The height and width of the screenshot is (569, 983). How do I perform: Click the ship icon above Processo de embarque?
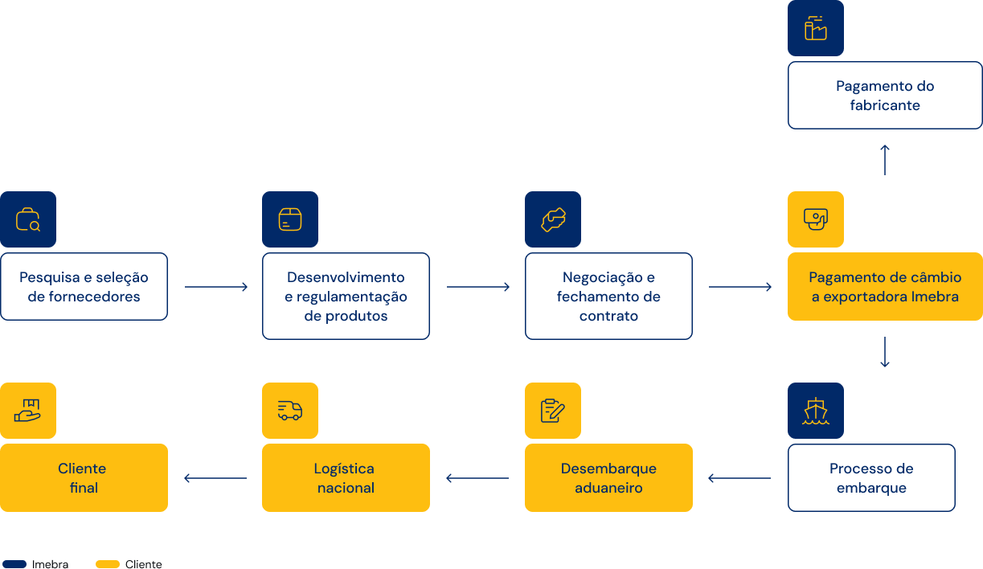(815, 411)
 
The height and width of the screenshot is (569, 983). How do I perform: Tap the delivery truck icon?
(289, 411)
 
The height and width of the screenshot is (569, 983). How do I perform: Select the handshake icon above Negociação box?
(553, 219)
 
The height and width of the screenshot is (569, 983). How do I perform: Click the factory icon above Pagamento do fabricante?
(815, 28)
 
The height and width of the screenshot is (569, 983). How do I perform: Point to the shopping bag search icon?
(28, 219)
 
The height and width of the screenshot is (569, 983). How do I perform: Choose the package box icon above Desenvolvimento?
(289, 219)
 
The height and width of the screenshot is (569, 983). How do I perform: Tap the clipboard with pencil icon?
(553, 411)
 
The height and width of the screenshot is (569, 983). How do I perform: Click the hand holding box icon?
(27, 411)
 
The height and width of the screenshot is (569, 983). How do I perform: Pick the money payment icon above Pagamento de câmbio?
(815, 219)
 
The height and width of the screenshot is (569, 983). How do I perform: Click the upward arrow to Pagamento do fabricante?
(885, 160)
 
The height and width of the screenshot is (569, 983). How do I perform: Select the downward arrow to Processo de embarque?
(885, 352)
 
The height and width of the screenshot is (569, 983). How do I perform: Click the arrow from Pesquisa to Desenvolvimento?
(216, 287)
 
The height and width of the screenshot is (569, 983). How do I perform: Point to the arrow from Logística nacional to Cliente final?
(215, 477)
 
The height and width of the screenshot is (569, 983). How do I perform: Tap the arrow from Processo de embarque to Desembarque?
(739, 477)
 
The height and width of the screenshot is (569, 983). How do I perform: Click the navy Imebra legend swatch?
(14, 563)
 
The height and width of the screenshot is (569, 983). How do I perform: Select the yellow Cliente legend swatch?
(108, 563)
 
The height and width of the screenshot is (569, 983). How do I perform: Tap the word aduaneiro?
(608, 488)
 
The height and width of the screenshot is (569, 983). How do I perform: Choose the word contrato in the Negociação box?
(608, 316)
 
